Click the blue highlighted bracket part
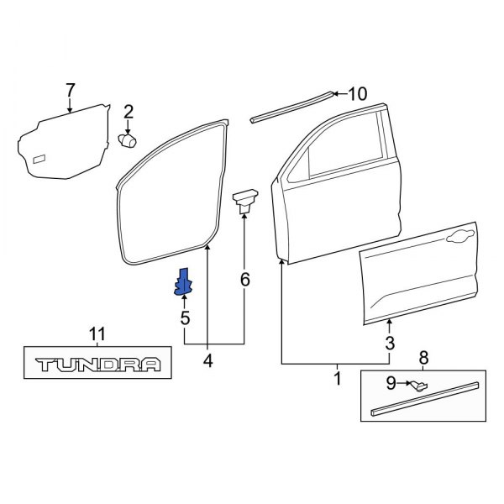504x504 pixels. point(182,283)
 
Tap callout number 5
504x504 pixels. point(185,318)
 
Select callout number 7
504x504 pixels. point(71,90)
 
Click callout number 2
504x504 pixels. point(129,112)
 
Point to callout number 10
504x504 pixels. point(357,94)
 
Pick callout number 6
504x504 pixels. point(244,279)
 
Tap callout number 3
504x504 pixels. point(389,342)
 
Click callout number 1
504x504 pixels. point(337,379)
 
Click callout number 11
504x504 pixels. point(97,334)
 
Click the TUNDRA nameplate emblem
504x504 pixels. point(97,365)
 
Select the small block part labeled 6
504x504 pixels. point(244,199)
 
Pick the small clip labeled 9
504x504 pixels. point(417,386)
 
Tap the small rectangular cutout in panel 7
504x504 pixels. point(39,159)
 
